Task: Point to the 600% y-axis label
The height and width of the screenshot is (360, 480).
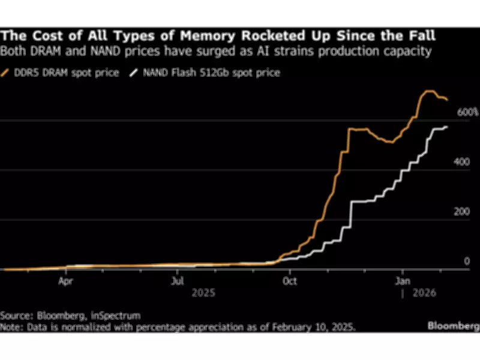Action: [467, 112]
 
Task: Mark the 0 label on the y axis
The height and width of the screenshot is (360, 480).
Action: [467, 262]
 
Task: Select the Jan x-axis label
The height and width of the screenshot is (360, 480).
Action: [403, 280]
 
